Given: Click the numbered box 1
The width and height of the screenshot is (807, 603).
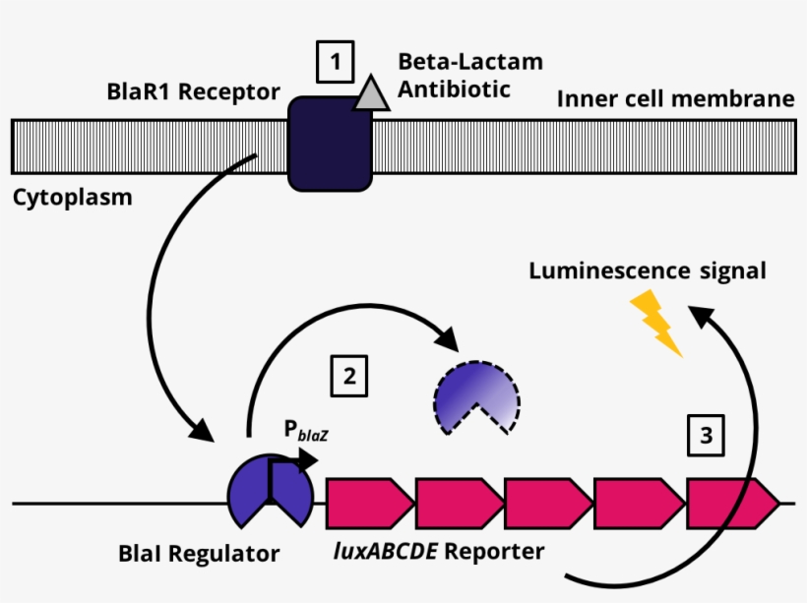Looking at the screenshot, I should pyautogui.click(x=335, y=63).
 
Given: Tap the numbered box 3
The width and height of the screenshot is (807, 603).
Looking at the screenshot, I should pyautogui.click(x=705, y=434).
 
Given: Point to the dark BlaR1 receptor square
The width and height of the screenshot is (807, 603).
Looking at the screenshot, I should pyautogui.click(x=330, y=144).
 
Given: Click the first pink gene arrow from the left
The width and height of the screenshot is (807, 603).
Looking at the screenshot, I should pyautogui.click(x=367, y=503).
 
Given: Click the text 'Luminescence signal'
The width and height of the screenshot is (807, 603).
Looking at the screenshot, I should pyautogui.click(x=647, y=271).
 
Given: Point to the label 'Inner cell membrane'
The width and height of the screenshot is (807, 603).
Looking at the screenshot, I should pyautogui.click(x=675, y=99).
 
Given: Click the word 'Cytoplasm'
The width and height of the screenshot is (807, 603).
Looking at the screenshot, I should pyautogui.click(x=73, y=197).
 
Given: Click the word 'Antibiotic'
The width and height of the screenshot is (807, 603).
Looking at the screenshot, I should pyautogui.click(x=455, y=89).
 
